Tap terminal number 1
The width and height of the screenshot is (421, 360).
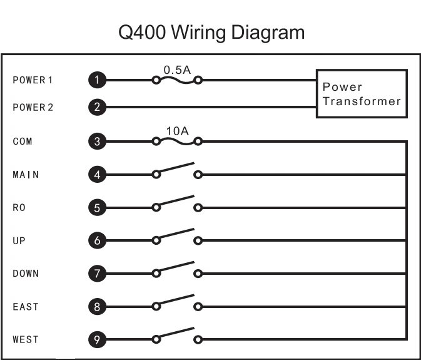(x=96, y=80)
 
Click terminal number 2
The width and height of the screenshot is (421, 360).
(x=96, y=107)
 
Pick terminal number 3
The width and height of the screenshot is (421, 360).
(x=96, y=141)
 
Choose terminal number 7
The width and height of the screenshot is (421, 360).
(x=96, y=274)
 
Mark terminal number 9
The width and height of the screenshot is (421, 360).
(x=96, y=340)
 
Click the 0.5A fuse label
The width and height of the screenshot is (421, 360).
(x=177, y=69)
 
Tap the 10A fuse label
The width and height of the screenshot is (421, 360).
(x=177, y=130)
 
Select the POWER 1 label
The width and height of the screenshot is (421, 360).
(x=33, y=80)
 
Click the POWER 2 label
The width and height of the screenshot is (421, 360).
(x=33, y=107)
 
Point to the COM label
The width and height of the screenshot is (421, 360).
(x=23, y=141)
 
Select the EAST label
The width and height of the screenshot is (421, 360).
(x=26, y=307)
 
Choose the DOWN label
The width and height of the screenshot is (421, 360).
(x=26, y=274)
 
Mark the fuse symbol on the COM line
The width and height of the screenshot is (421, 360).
(x=177, y=140)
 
